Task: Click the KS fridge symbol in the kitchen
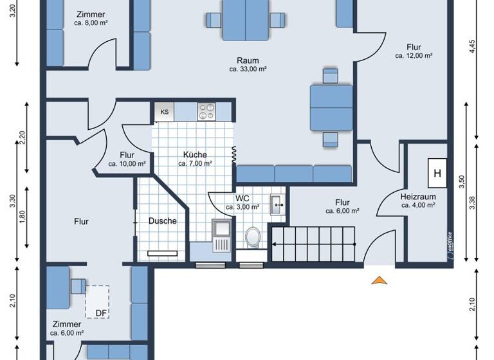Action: pyautogui.click(x=164, y=112)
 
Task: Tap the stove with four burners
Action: pyautogui.click(x=206, y=111)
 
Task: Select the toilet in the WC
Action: pyautogui.click(x=253, y=237)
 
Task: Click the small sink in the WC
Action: pyautogui.click(x=278, y=205)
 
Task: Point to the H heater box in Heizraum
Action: pyautogui.click(x=437, y=173)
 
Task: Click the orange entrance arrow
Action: pyautogui.click(x=380, y=280)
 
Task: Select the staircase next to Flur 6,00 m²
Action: pyautogui.click(x=313, y=244)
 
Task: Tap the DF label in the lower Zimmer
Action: pyautogui.click(x=101, y=313)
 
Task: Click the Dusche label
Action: pyautogui.click(x=162, y=221)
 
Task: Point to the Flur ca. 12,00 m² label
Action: pyautogui.click(x=414, y=51)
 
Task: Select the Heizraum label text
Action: pyautogui.click(x=418, y=196)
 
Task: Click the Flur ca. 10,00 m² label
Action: pyautogui.click(x=127, y=159)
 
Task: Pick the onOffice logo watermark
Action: pyautogui.click(x=450, y=244)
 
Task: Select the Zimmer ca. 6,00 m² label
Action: pyautogui.click(x=67, y=328)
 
